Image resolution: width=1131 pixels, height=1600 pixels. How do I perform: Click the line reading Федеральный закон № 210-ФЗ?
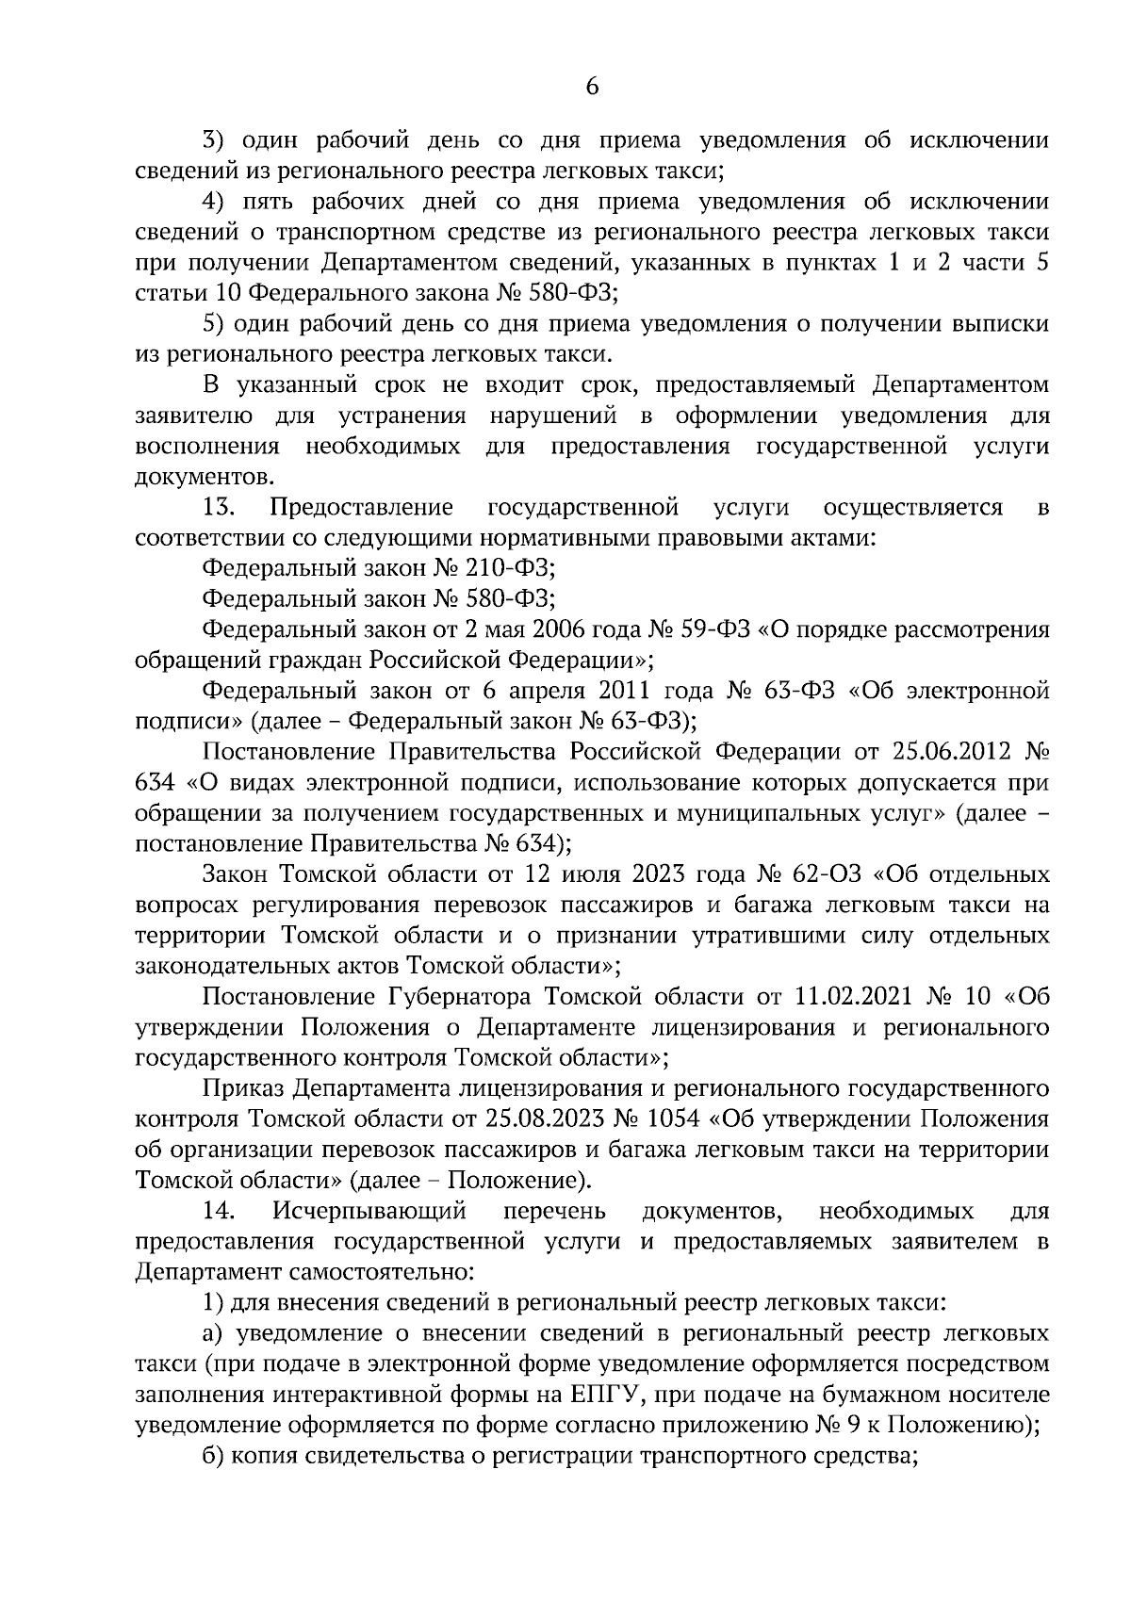(x=380, y=568)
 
